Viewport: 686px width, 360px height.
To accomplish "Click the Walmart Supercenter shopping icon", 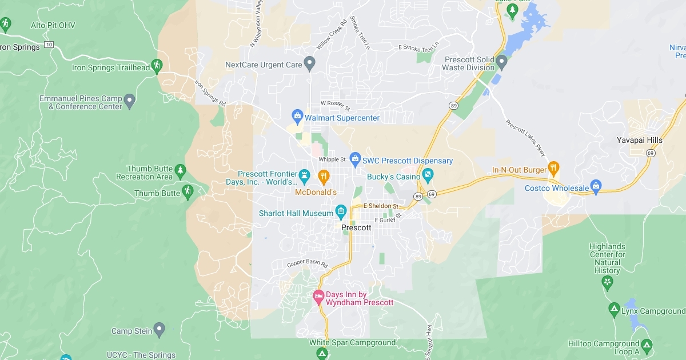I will (x=297, y=117).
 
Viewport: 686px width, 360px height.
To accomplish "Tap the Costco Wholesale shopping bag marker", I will (x=596, y=187).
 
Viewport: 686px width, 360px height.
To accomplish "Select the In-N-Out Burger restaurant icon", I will (x=553, y=169).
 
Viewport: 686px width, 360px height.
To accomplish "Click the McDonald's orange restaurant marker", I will (x=323, y=176).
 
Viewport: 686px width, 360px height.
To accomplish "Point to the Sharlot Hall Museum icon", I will (x=341, y=213).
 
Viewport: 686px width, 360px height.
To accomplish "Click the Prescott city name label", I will (x=356, y=227).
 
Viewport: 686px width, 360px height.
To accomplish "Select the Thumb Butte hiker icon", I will (x=188, y=192).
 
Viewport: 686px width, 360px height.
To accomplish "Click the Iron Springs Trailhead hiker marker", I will (x=158, y=66).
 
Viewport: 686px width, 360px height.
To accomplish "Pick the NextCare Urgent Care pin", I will (x=310, y=63).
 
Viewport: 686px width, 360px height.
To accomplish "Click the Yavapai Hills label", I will (x=640, y=140).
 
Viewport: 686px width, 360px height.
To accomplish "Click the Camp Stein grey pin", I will (x=159, y=330).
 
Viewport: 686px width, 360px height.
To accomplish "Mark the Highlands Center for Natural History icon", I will (x=607, y=282).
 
